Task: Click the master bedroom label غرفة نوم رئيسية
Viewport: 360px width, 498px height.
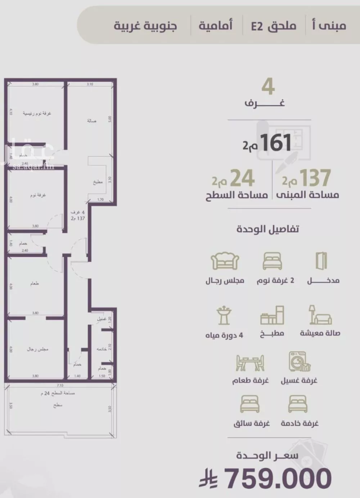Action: [37, 113]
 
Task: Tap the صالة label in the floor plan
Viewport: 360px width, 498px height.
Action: [91, 121]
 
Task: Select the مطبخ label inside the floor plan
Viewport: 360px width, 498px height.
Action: [98, 182]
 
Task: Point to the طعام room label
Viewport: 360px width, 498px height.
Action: [35, 284]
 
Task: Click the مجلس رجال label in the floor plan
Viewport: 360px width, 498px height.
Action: [37, 349]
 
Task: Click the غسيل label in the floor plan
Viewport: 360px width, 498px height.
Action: [101, 319]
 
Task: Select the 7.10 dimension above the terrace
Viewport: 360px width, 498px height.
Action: [60, 385]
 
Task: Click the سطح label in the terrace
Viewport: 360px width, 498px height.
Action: [58, 405]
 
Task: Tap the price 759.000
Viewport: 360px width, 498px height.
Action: [278, 478]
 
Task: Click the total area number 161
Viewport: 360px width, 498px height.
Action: [276, 143]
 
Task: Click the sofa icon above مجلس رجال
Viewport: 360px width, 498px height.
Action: [225, 261]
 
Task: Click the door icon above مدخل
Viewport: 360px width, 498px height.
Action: [321, 261]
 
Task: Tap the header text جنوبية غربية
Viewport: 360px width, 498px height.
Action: [145, 26]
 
